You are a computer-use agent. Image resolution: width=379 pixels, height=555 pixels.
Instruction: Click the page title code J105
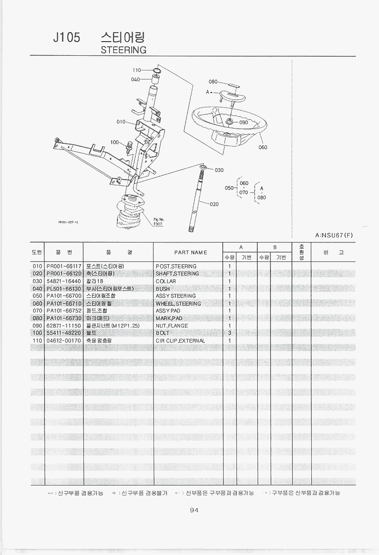click(x=67, y=38)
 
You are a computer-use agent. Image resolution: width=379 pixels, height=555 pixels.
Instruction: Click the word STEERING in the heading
click(x=124, y=50)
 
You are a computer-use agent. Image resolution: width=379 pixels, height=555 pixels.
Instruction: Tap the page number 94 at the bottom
click(x=193, y=510)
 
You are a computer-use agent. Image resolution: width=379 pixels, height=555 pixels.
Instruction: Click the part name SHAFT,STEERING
click(x=177, y=274)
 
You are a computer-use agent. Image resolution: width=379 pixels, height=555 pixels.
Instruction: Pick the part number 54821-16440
click(x=64, y=281)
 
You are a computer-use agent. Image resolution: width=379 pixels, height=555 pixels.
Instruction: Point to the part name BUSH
click(x=162, y=288)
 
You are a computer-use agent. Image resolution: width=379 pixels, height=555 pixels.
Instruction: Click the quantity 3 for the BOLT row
click(x=229, y=333)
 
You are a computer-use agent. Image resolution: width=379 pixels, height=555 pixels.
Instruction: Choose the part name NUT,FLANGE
click(x=171, y=326)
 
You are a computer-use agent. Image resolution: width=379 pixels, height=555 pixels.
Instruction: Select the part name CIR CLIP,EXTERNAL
click(x=180, y=340)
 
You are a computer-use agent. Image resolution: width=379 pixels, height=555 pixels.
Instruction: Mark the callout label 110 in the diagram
click(x=137, y=70)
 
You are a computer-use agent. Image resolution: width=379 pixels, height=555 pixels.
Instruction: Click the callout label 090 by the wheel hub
click(x=244, y=122)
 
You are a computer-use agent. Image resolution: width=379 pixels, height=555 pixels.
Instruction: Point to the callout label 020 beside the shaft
click(x=214, y=204)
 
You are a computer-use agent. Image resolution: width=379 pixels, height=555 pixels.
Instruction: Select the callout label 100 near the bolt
click(x=115, y=142)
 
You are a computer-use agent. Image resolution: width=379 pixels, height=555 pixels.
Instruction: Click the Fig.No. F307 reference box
click(x=157, y=222)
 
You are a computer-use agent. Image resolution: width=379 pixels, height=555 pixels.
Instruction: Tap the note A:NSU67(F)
click(x=334, y=235)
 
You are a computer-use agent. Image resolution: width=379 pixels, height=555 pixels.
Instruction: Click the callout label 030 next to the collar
click(x=219, y=170)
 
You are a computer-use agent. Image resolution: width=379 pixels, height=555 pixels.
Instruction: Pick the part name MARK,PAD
click(x=169, y=318)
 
